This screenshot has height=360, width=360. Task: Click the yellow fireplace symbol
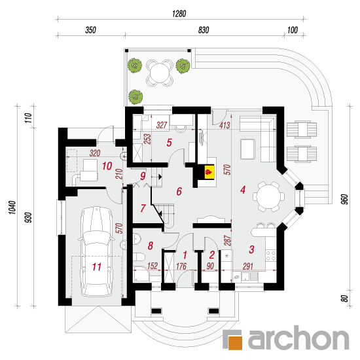coord(209,171)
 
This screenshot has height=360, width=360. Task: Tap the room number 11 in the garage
coord(97,267)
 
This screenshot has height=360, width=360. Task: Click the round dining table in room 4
coord(268,197)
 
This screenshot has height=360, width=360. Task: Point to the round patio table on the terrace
coord(159,73)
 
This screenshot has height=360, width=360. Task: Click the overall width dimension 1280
coord(179,14)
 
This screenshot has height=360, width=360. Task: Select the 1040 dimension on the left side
coord(12,207)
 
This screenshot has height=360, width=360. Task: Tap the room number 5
coord(170,143)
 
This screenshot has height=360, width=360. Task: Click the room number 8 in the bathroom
coord(151,245)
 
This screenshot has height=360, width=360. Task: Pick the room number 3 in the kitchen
coord(251,249)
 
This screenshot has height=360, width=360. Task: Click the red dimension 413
coord(225,126)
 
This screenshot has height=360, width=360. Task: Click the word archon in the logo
coord(298,338)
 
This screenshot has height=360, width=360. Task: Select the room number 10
coord(107,166)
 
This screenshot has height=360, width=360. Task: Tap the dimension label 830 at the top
coord(204,30)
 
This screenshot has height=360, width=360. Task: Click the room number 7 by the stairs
coord(143,208)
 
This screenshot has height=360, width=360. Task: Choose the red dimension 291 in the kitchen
coord(248,266)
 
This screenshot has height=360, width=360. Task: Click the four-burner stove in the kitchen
coord(271,256)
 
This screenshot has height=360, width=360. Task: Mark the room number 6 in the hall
coord(179,191)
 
